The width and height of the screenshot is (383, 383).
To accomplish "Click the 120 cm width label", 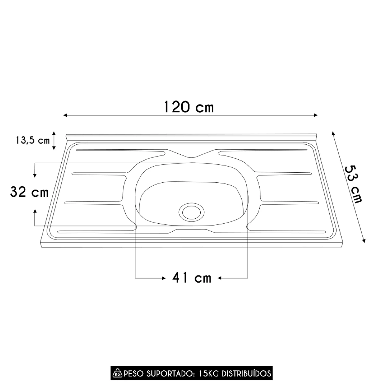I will coord(188,106).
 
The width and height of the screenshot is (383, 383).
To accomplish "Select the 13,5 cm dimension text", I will coord(33,140).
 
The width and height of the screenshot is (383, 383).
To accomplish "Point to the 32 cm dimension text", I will coord(29,192).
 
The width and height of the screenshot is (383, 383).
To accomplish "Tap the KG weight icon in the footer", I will coord(118,373).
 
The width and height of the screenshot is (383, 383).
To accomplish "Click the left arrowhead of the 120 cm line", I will coord(65,115).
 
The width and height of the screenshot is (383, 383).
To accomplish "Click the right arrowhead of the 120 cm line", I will coord(316,115).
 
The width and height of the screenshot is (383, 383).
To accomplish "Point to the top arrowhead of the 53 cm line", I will coord(333,133).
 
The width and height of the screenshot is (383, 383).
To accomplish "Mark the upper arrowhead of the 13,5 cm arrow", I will coord(54,133).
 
